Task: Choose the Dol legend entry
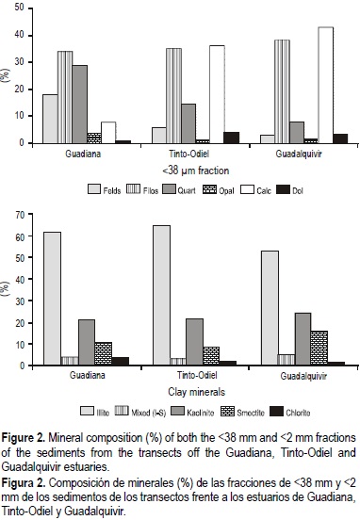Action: tap(305, 188)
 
